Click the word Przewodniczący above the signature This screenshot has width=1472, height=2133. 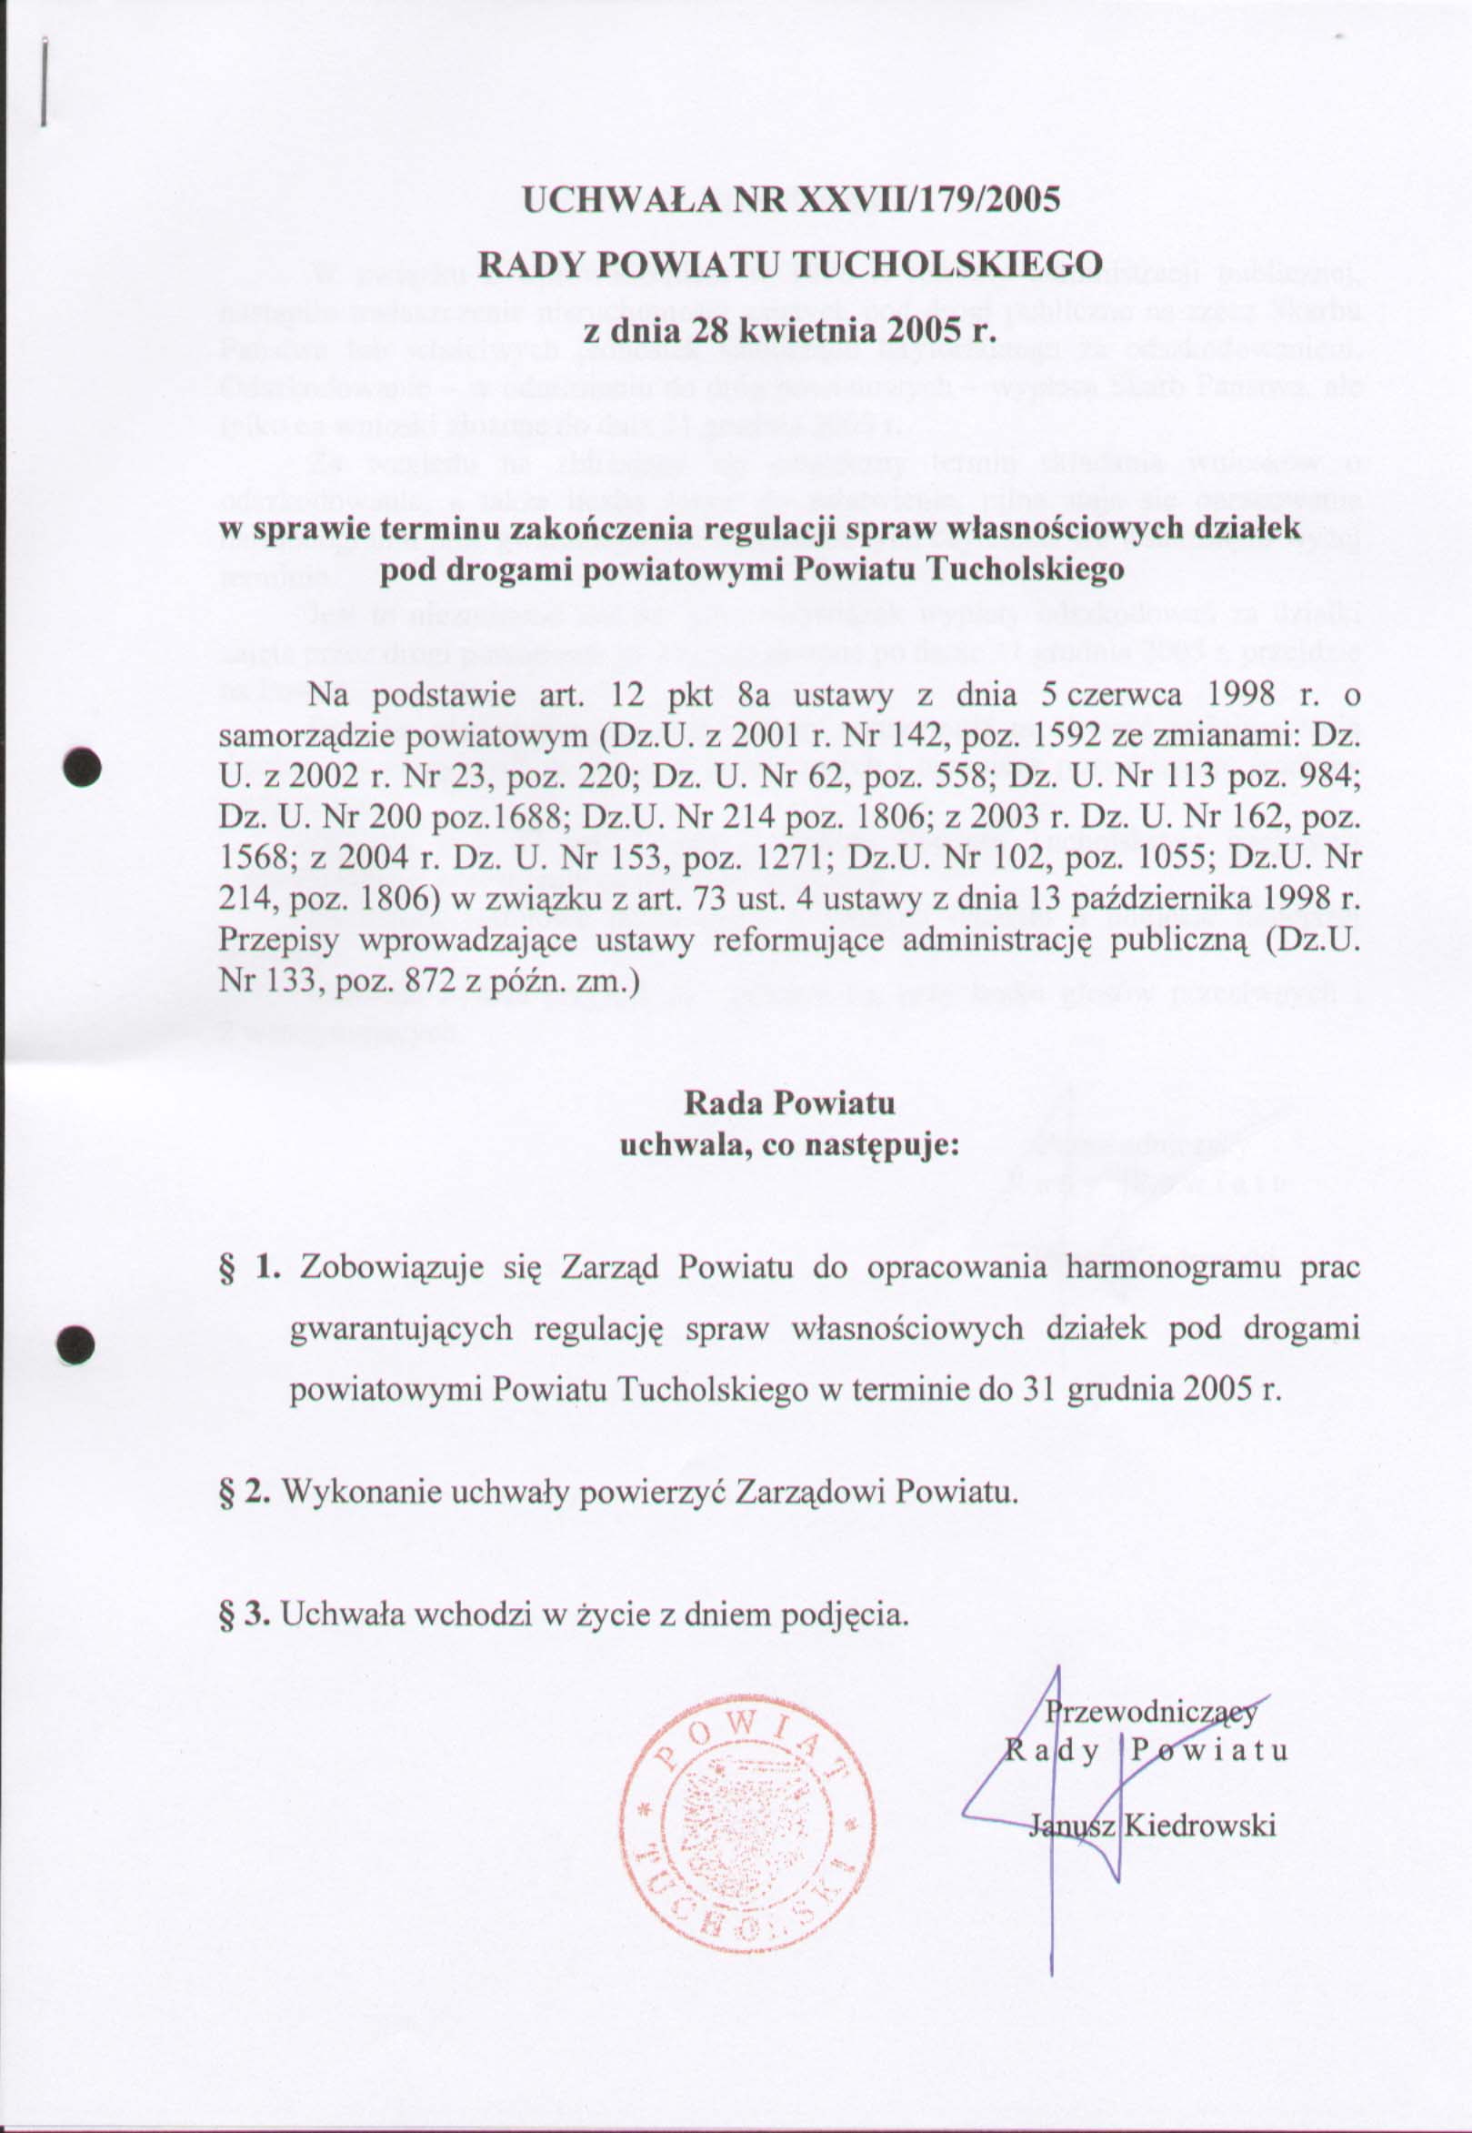pyautogui.click(x=1151, y=1714)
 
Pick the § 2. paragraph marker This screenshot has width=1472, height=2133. pyautogui.click(x=245, y=1491)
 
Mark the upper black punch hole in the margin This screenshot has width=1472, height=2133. pyautogui.click(x=81, y=765)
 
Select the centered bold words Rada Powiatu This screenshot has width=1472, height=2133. pyautogui.click(x=788, y=1103)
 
